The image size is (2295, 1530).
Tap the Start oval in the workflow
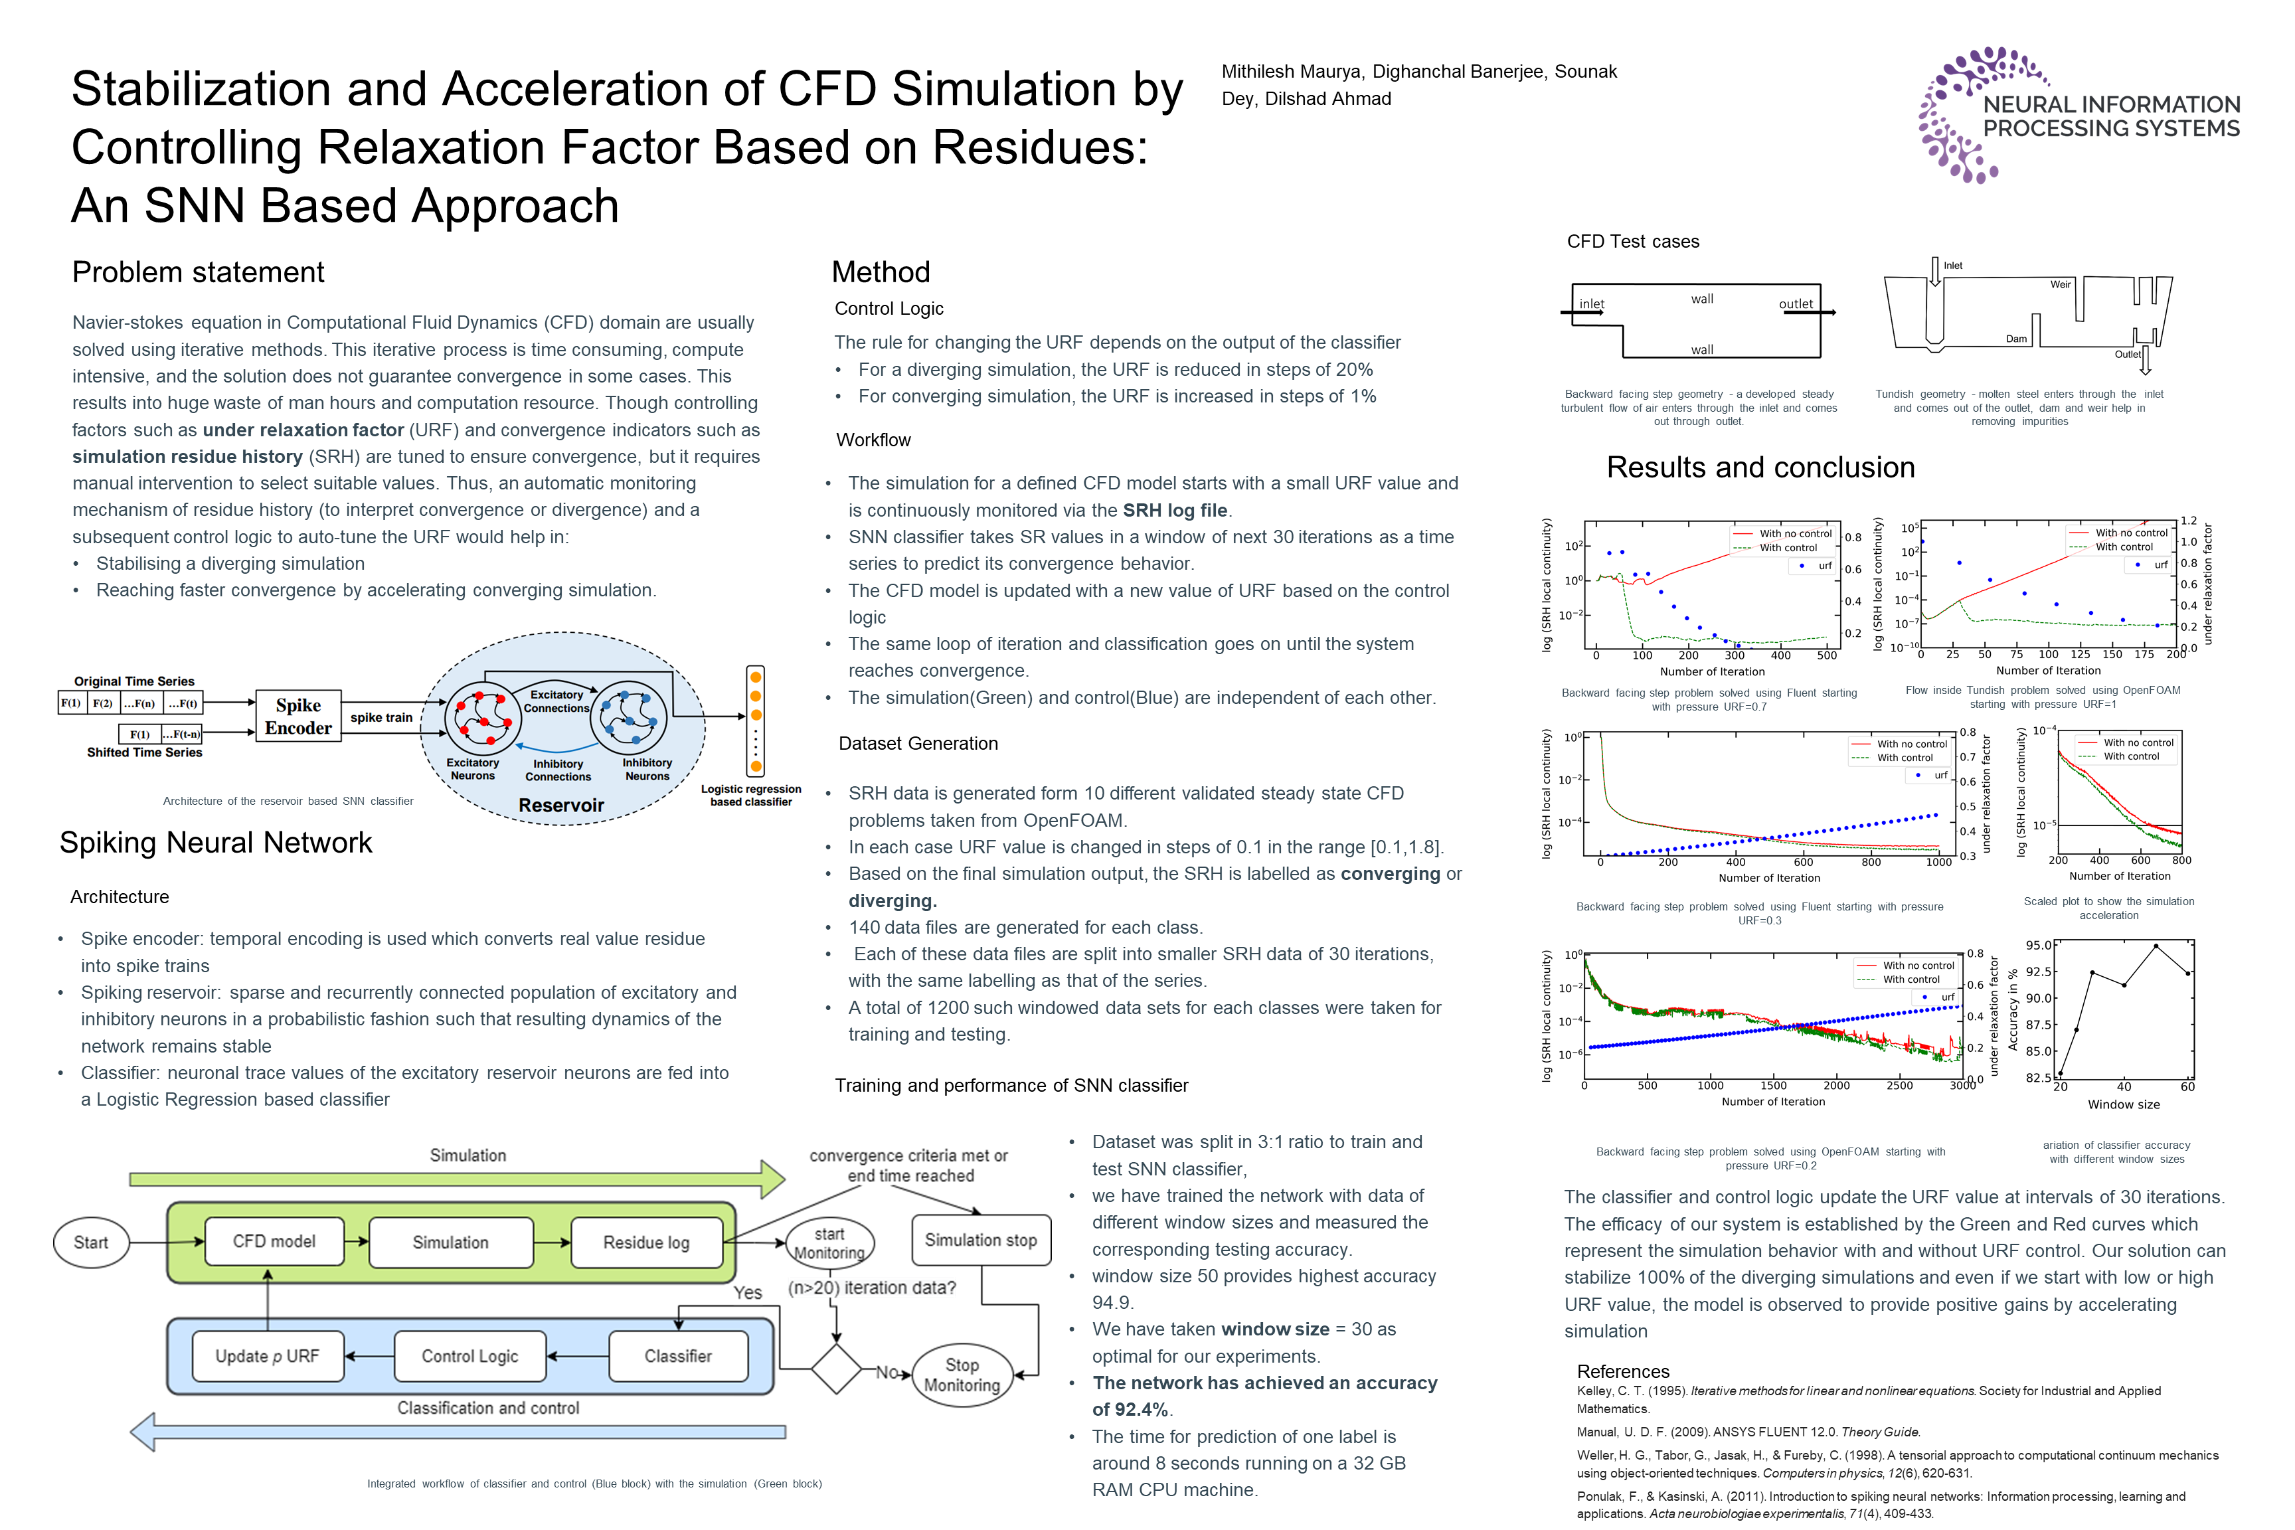(91, 1242)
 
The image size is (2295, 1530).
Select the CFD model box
(274, 1241)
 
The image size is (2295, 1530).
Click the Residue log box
(646, 1242)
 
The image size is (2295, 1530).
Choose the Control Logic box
(469, 1355)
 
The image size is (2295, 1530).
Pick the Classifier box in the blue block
(677, 1355)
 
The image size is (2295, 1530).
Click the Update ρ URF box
(268, 1355)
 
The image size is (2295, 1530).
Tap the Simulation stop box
(981, 1239)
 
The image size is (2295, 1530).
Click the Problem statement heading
(198, 272)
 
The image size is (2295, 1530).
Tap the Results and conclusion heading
(1760, 467)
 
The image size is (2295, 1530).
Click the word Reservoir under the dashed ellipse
(561, 805)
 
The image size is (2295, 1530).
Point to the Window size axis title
(2123, 1104)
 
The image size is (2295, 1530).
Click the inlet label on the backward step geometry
(1592, 304)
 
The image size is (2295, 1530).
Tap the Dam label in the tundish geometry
(2016, 339)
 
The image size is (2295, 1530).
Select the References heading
(1623, 1371)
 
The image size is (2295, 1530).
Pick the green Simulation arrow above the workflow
(457, 1179)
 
